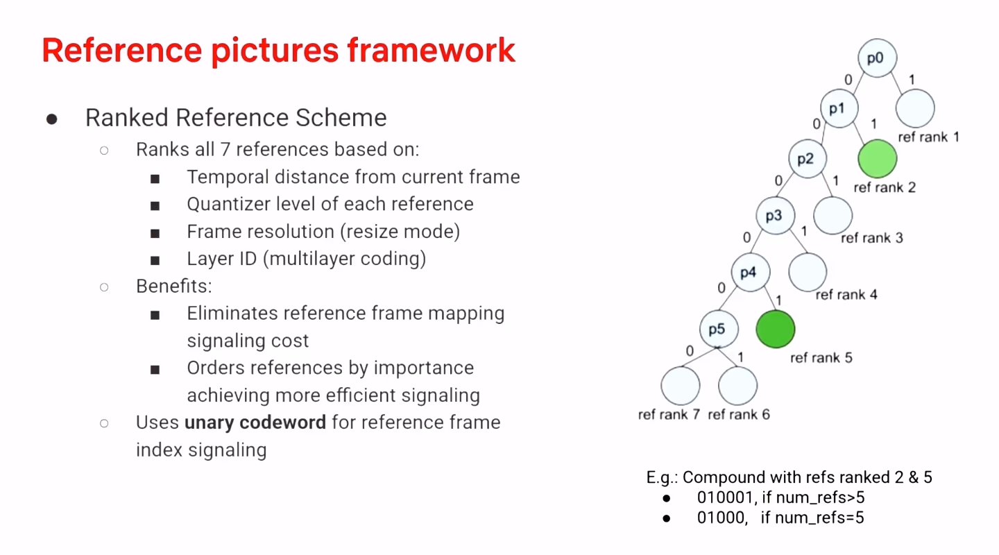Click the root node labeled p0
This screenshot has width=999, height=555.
[x=877, y=58]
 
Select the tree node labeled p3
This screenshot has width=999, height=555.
[x=774, y=216]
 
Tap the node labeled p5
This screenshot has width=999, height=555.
[x=717, y=330]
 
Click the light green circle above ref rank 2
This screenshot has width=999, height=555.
[x=877, y=158]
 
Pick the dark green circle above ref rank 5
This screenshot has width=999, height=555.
[x=775, y=329]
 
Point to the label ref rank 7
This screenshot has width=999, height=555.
[x=669, y=415]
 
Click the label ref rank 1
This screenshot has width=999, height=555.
[x=928, y=137]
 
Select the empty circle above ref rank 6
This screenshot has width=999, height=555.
[x=737, y=386]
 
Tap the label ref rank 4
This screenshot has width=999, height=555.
[x=846, y=295]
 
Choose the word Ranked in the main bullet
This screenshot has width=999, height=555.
[x=126, y=118]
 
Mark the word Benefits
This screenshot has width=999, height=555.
[x=173, y=287]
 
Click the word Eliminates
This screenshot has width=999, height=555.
[x=234, y=314]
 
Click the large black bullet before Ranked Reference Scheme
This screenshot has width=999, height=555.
[x=52, y=119]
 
